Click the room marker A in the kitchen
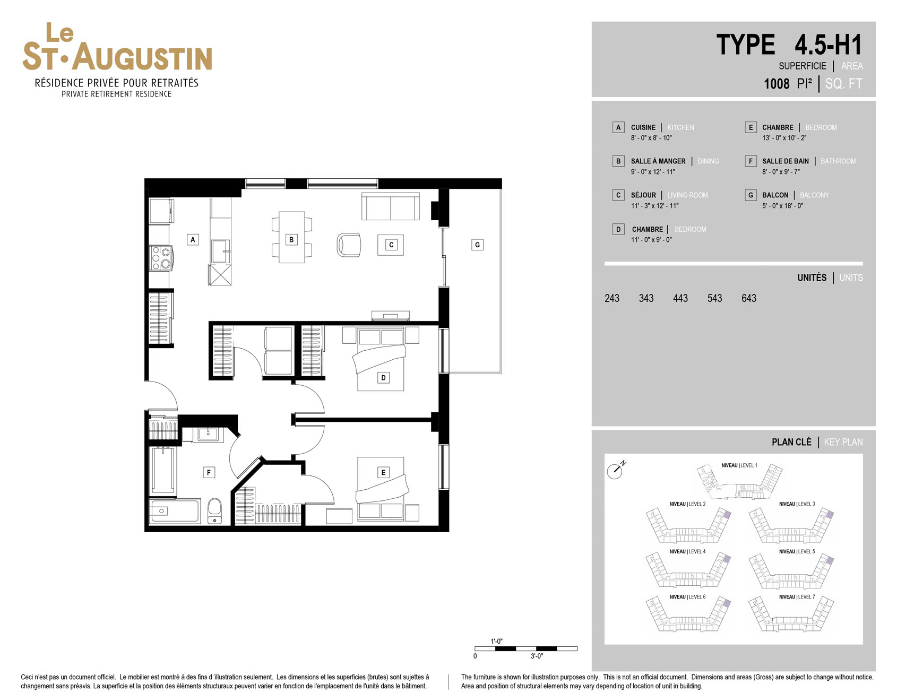tap(193, 240)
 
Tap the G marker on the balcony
tap(477, 245)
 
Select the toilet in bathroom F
tap(214, 511)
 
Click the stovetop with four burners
tap(161, 258)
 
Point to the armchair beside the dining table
tap(349, 245)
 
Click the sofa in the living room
tap(391, 206)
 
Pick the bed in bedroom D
tap(381, 359)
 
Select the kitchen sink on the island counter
tap(220, 251)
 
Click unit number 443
tap(680, 298)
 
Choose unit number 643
tap(748, 298)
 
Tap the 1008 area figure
tap(777, 84)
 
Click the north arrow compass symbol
tap(616, 470)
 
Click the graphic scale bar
tap(525, 648)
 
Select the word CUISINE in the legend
tap(643, 127)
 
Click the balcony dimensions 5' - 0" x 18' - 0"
tap(782, 206)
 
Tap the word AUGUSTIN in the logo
tap(142, 57)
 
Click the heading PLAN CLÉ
tap(791, 442)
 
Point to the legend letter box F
tap(751, 161)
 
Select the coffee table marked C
tap(391, 245)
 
